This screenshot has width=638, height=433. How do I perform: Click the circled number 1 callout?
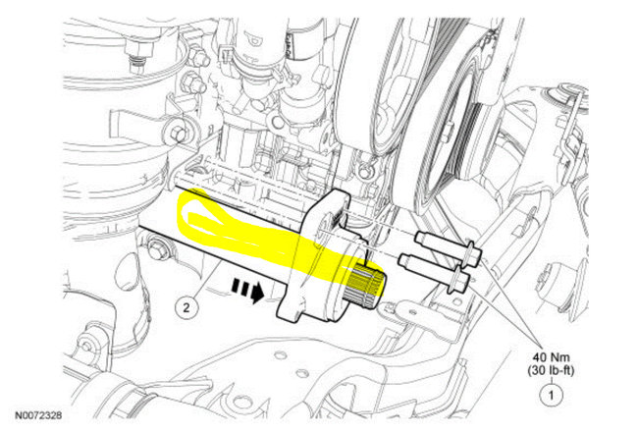point(552,395)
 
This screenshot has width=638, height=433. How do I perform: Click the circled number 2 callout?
point(186,307)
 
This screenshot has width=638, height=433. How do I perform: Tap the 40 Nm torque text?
point(551,357)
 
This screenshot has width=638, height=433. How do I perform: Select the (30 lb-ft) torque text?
point(551,371)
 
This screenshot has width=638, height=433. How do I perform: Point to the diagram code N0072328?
point(38,415)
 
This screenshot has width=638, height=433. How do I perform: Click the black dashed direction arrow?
point(247,290)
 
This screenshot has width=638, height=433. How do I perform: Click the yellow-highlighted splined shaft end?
point(365,285)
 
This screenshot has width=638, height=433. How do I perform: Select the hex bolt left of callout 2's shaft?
point(156,249)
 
